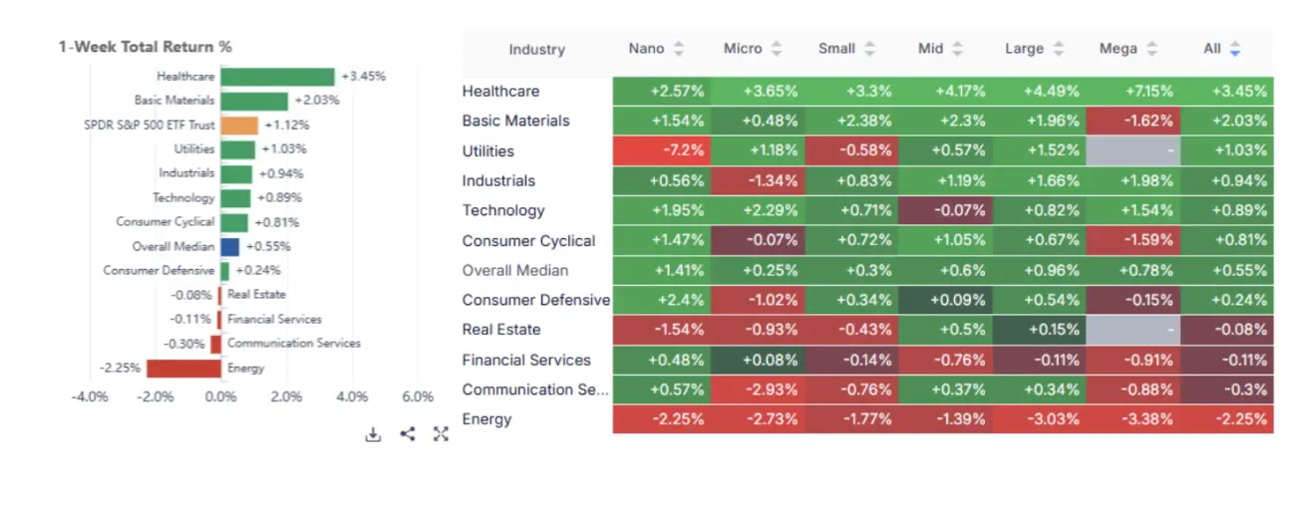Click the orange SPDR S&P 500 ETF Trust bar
coord(239,126)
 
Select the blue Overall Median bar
coord(229,246)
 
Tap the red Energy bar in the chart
coord(183,368)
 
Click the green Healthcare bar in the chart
coord(277,77)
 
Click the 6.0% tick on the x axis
coord(417,396)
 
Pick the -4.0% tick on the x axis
coord(90,396)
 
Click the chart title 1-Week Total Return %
coord(146,47)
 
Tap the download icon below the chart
coord(373,434)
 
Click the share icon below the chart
coord(407,434)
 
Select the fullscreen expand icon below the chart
coord(441,434)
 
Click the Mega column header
coord(1118,49)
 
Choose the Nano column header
coord(647,49)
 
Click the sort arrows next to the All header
coord(1235,49)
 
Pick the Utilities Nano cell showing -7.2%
coord(660,150)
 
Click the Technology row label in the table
coord(503,210)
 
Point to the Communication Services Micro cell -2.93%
coord(755,389)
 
